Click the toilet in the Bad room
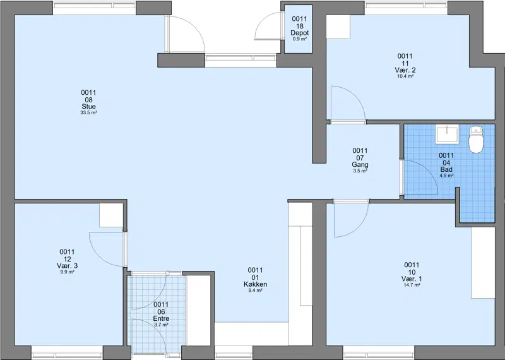point(476,139)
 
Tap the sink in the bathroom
point(447,135)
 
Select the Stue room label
point(88,107)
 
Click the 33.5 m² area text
point(88,113)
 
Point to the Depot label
point(299,33)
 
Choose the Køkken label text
point(255,284)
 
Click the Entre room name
point(161,319)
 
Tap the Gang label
point(360,165)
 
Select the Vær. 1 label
point(412,279)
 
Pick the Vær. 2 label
point(405,70)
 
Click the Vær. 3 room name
point(67,266)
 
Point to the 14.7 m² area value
point(412,285)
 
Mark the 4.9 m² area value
point(446,176)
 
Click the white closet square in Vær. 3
point(111,215)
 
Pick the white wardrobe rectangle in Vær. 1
point(483,263)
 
